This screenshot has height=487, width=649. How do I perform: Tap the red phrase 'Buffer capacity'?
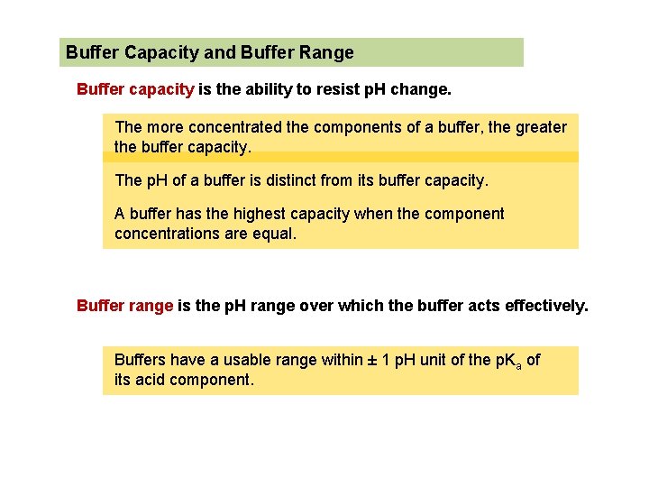coord(135,89)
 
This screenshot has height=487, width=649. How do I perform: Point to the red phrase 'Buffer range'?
coord(124,306)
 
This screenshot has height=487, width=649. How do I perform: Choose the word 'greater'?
coord(541,127)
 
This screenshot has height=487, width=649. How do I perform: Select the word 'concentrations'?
coord(169,234)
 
